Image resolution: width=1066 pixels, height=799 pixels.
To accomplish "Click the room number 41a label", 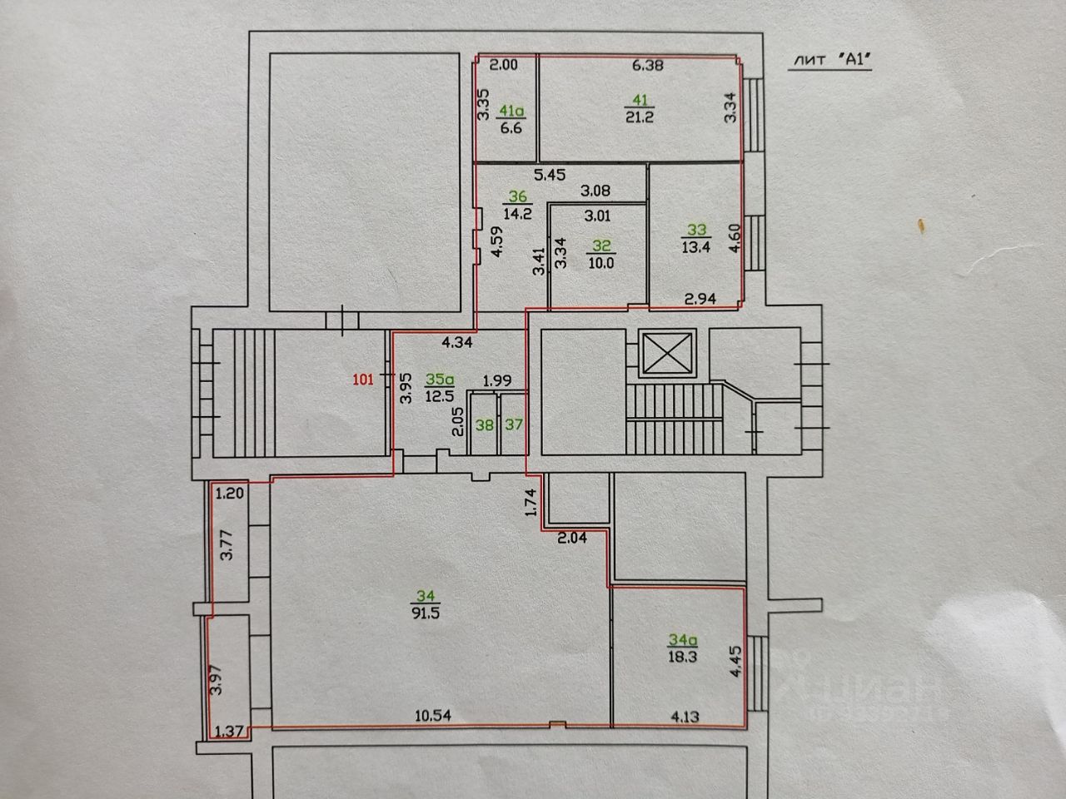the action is (x=511, y=111).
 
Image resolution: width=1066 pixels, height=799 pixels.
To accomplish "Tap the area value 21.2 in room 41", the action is (x=640, y=117).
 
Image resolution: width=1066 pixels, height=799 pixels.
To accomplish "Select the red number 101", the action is (x=363, y=379).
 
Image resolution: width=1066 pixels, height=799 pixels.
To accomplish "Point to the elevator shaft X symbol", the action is (x=667, y=354).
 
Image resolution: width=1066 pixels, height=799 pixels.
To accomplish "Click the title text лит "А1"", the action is (x=830, y=60).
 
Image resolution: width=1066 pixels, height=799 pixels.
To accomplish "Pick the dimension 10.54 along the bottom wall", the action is (x=433, y=715).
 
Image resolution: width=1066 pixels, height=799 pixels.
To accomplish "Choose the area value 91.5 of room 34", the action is (x=426, y=613).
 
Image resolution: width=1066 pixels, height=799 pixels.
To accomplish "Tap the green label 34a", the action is (x=683, y=640).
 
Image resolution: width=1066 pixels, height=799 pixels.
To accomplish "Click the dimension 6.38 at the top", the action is (x=648, y=65).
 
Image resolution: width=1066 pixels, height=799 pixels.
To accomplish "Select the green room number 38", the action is (x=484, y=425).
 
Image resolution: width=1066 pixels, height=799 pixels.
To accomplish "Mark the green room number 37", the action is (x=514, y=424).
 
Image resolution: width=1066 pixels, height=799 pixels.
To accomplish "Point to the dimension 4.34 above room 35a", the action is (x=457, y=343).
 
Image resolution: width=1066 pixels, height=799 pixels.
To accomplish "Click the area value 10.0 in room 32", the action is (x=600, y=263).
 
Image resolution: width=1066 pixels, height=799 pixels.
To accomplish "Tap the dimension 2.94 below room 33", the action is (x=700, y=299).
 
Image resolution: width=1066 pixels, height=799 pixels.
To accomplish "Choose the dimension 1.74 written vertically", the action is (x=531, y=502).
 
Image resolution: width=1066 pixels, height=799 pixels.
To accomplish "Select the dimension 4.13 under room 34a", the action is (x=685, y=716).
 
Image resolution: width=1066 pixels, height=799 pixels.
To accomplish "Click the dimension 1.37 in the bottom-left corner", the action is (x=229, y=731).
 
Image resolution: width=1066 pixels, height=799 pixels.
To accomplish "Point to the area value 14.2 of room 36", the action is (x=517, y=213).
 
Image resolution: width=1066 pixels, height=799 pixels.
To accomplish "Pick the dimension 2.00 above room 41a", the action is (x=503, y=65).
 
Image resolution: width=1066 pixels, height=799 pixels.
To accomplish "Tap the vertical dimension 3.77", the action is (x=227, y=546).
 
